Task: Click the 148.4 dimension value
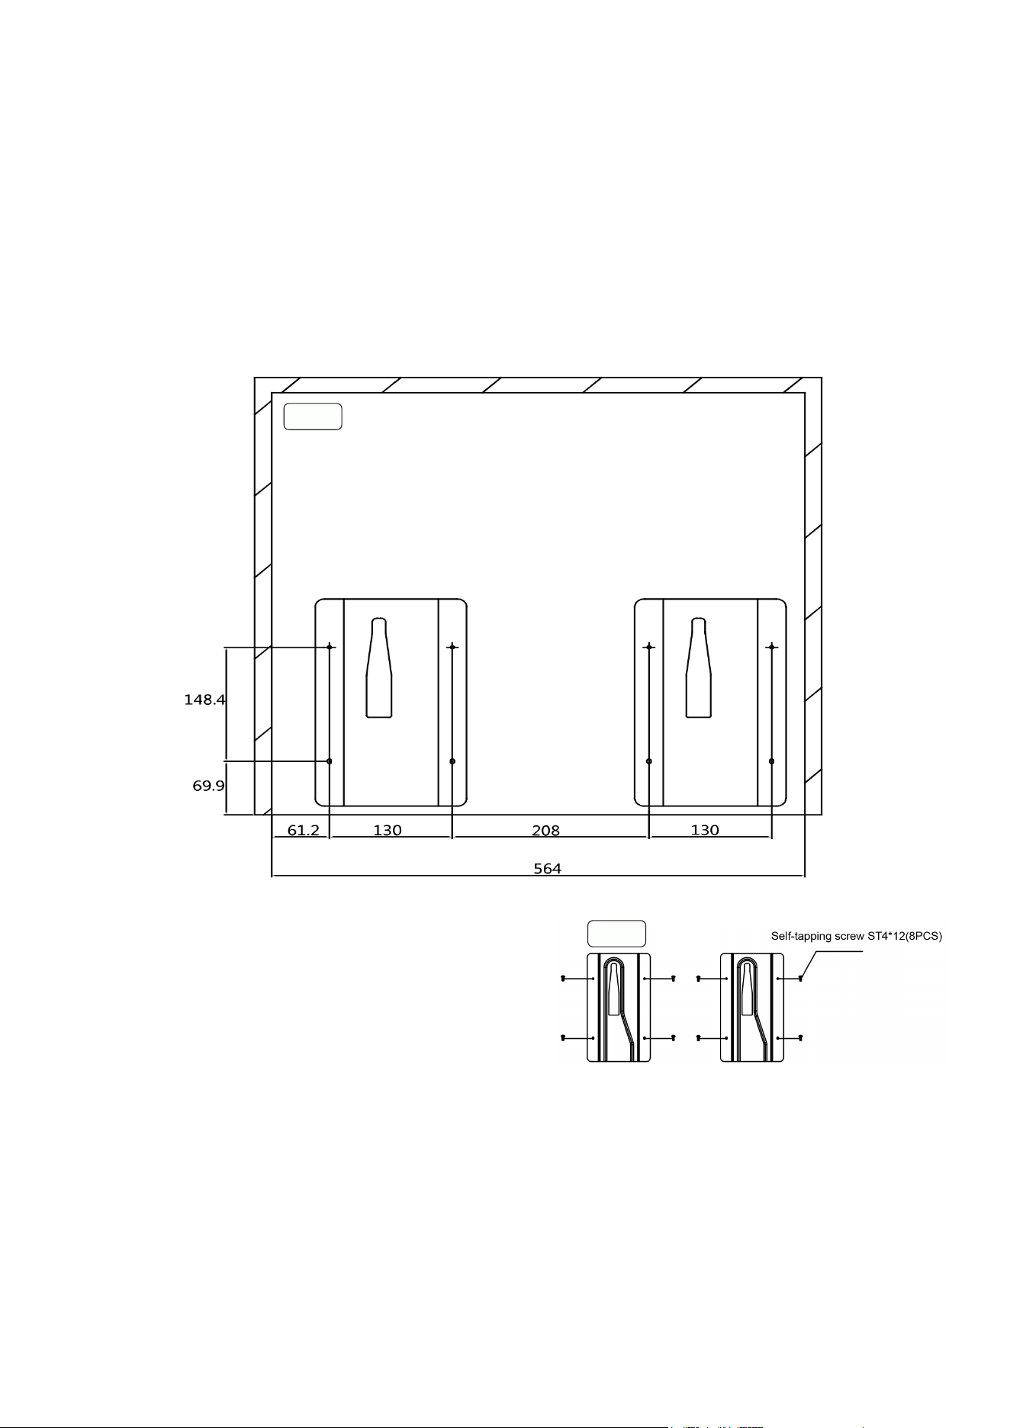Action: [204, 700]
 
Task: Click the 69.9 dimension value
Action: [208, 786]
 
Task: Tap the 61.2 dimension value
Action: [303, 830]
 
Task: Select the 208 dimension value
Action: [545, 830]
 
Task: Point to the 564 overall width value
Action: [547, 868]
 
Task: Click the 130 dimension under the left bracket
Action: [388, 830]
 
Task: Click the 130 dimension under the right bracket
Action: [705, 830]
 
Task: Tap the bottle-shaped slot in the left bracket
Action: [379, 667]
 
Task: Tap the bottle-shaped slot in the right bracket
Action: [699, 667]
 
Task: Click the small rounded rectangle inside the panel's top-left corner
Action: [313, 417]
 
